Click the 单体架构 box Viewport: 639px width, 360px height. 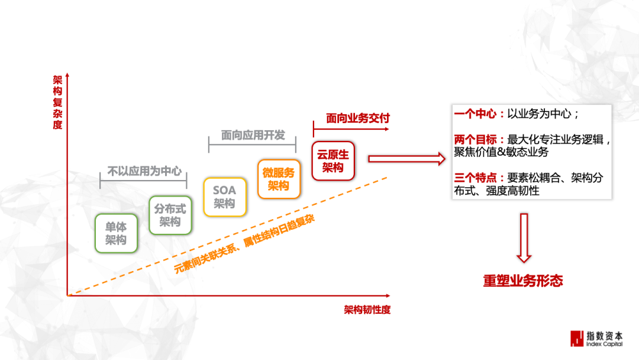116,233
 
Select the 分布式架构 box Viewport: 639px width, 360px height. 170,215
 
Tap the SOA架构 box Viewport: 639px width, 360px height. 224,197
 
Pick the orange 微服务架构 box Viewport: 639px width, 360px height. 279,179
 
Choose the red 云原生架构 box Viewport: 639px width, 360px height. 333,160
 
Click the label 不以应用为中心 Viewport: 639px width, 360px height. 144,171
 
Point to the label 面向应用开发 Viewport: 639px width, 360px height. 253,135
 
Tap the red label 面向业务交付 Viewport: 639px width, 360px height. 358,118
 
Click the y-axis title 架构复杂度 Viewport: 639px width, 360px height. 57,101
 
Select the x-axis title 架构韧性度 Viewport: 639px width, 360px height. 367,310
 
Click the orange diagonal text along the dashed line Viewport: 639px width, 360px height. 244,243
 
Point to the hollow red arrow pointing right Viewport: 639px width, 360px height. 406,158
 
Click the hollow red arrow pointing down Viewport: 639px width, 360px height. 524,237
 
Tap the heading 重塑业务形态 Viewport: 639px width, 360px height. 523,281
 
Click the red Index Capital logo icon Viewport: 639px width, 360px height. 576,338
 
